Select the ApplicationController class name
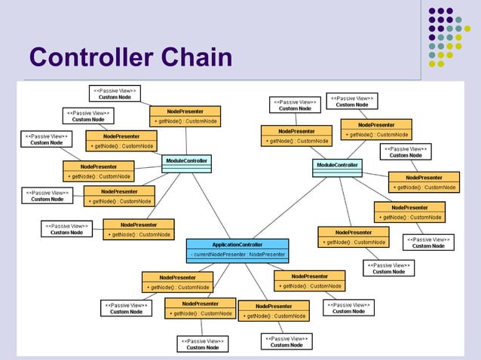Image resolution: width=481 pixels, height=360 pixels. [237, 245]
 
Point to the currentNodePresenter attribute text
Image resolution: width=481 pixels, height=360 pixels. [237, 255]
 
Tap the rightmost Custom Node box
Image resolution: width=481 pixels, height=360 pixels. [429, 243]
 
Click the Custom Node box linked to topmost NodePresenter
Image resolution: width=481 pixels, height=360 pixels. [115, 93]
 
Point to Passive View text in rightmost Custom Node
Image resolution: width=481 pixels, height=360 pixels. [429, 239]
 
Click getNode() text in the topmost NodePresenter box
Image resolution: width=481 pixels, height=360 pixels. [185, 120]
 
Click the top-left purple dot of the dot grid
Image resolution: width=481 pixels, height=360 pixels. [432, 11]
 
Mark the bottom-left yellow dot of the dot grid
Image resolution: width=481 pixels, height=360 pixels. [432, 64]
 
